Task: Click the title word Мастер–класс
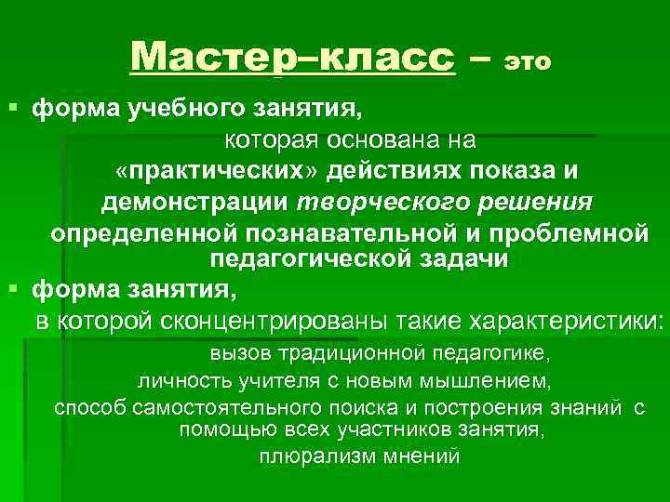coord(293,58)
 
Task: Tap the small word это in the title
coord(528,62)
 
